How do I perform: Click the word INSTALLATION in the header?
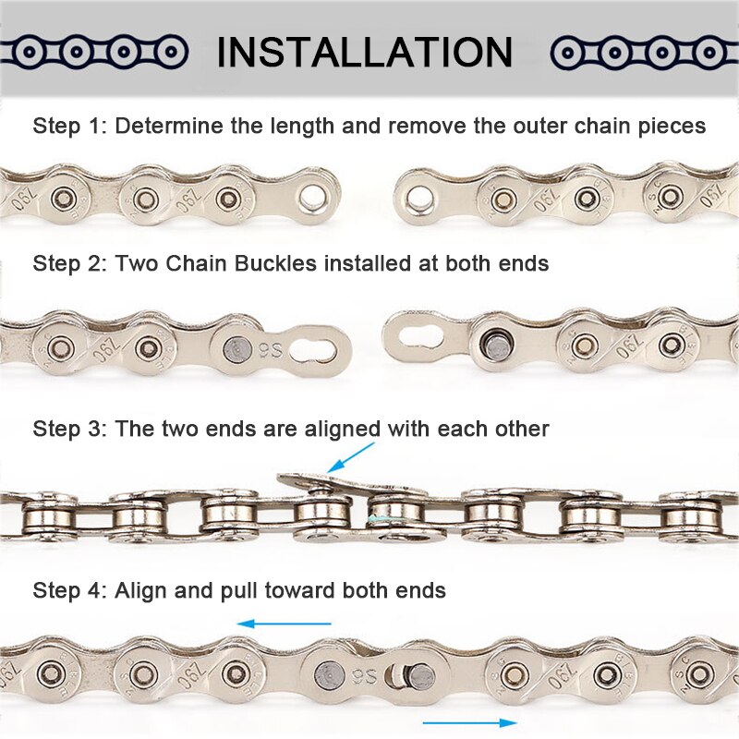pos(365,53)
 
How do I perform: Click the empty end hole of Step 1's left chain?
pos(313,196)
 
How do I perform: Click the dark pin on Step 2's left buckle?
pos(236,349)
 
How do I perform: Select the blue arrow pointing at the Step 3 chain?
pos(352,457)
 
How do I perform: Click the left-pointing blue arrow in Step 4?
pos(271,624)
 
